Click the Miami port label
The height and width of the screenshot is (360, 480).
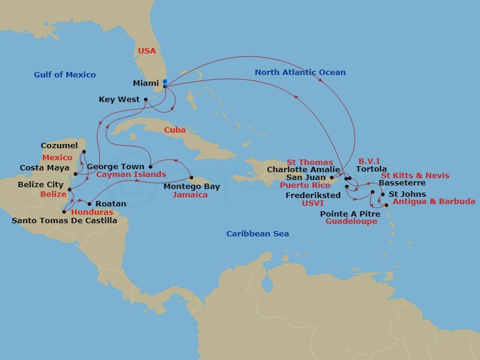pyautogui.click(x=146, y=83)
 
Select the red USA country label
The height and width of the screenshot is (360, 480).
pyautogui.click(x=147, y=51)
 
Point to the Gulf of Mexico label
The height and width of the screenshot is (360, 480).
pyautogui.click(x=65, y=74)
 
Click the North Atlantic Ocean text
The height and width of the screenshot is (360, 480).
pyautogui.click(x=300, y=72)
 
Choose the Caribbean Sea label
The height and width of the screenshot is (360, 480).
pyautogui.click(x=257, y=233)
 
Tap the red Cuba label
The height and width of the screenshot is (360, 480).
pyautogui.click(x=175, y=130)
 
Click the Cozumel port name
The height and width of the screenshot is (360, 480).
pyautogui.click(x=59, y=146)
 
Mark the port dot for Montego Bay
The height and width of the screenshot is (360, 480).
pyautogui.click(x=191, y=178)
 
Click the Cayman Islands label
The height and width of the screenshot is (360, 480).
pyautogui.click(x=131, y=175)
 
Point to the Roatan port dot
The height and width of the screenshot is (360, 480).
pyautogui.click(x=89, y=204)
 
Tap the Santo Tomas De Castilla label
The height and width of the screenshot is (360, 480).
pyautogui.click(x=64, y=221)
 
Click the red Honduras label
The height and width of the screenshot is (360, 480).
pyautogui.click(x=92, y=212)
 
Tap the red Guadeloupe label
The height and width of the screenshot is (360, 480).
pyautogui.click(x=351, y=221)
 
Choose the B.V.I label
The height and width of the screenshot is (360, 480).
pyautogui.click(x=369, y=161)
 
